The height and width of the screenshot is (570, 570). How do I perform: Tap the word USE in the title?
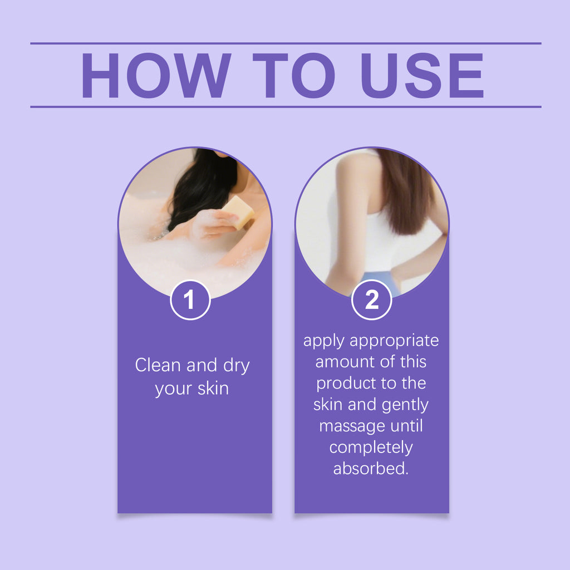pos(422,75)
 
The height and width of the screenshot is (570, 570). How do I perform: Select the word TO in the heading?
pos(294,75)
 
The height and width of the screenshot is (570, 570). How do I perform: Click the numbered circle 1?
pos(190,300)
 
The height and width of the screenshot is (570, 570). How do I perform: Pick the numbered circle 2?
pos(371,300)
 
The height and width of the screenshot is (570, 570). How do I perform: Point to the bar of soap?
pos(238,212)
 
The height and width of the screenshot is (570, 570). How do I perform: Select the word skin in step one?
pos(213,388)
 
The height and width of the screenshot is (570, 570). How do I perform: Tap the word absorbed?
pos(371,468)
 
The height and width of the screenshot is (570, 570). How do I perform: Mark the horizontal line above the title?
pos(286,43)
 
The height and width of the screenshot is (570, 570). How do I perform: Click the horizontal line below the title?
pos(286,107)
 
